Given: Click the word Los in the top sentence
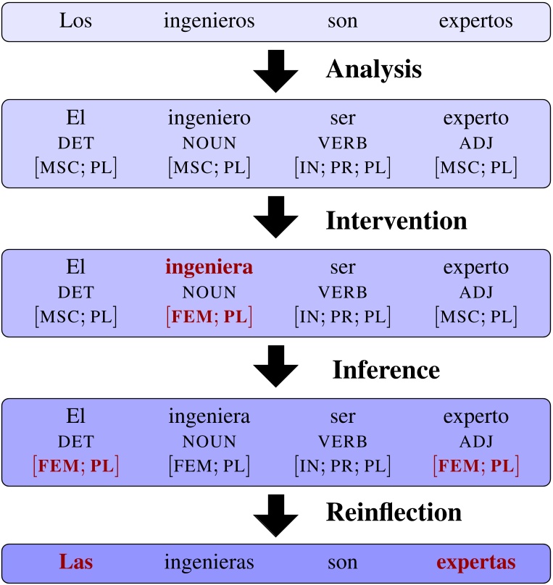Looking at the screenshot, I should (x=75, y=21).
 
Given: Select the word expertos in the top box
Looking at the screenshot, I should (x=475, y=22).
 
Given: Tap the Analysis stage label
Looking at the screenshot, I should (x=373, y=70).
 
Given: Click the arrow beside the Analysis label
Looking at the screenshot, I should (x=276, y=71).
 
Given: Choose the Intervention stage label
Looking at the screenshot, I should (x=396, y=220).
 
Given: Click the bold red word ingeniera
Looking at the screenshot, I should (x=209, y=267).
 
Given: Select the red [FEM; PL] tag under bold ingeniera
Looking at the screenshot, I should (x=209, y=316).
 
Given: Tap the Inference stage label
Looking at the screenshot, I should (x=386, y=370).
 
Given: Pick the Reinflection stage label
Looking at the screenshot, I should (x=394, y=513).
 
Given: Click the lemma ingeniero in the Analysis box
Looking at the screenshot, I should (x=209, y=118).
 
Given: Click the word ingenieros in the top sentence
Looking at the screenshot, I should (x=209, y=21).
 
